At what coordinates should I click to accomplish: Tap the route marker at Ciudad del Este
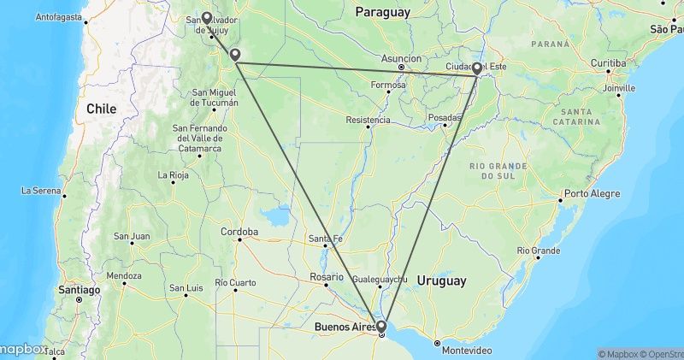click(x=477, y=68)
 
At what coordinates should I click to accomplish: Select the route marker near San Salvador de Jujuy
click(x=207, y=16)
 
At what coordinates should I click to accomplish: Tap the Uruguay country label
click(x=441, y=280)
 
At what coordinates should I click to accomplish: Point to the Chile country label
click(x=101, y=109)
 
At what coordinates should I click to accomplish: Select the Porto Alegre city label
click(x=592, y=193)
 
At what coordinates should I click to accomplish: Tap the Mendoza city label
click(x=125, y=276)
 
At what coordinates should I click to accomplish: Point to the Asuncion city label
click(x=401, y=59)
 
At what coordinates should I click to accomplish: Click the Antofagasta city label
click(x=59, y=16)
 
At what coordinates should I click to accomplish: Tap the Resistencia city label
click(x=368, y=120)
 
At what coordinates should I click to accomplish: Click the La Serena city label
click(x=39, y=190)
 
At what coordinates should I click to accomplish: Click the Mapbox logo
click(x=23, y=349)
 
